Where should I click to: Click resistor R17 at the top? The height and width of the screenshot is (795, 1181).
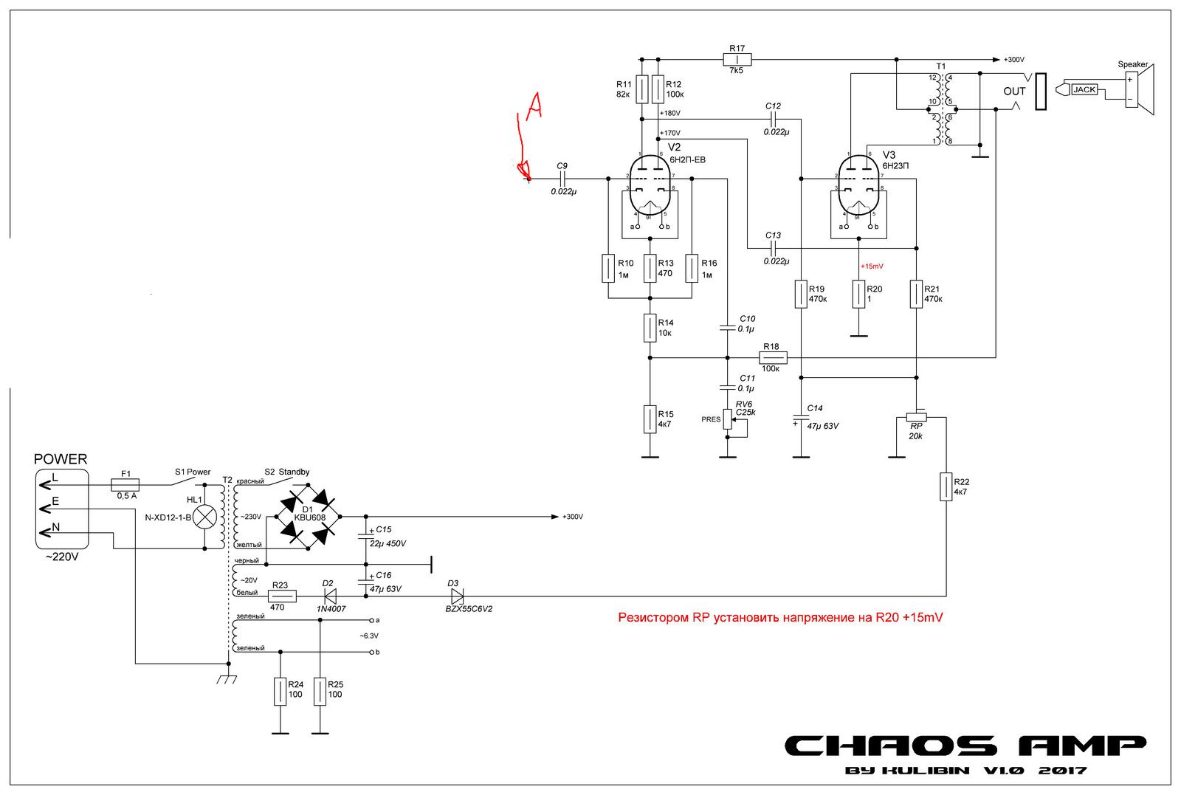point(737,60)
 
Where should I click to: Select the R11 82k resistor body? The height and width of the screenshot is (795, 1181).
point(642,89)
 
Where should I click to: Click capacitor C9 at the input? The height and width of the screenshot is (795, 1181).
point(563,179)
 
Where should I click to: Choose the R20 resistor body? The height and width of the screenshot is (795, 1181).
point(858,293)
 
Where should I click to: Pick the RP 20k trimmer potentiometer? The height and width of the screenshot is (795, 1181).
point(916,417)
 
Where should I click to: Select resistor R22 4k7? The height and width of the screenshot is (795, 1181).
point(946,487)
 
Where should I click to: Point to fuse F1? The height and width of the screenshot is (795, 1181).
point(125,485)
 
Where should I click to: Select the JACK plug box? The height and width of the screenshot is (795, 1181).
point(1084,89)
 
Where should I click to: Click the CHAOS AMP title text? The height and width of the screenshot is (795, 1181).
point(964,746)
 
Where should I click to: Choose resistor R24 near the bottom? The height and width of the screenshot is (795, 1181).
point(280,692)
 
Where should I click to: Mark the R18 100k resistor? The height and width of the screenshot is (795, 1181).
point(774,358)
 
